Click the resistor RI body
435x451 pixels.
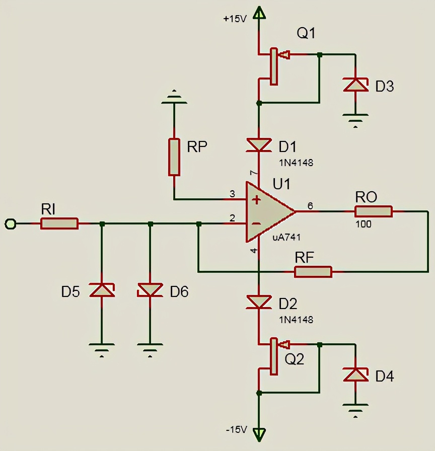(59, 223)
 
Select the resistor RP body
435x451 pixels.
(174, 157)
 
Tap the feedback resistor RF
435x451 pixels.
(313, 272)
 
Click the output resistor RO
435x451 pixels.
(374, 211)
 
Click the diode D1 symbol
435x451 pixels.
(258, 145)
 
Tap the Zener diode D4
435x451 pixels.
(356, 374)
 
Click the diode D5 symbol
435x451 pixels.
(102, 290)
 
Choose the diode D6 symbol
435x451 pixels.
(150, 290)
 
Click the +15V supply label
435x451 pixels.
(235, 19)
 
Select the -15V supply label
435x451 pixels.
(236, 430)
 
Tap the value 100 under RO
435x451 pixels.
(364, 224)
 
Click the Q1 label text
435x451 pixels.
(306, 34)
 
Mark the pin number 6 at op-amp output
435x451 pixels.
(310, 205)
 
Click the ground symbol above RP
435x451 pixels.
(174, 98)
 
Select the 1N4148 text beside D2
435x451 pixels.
(296, 319)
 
